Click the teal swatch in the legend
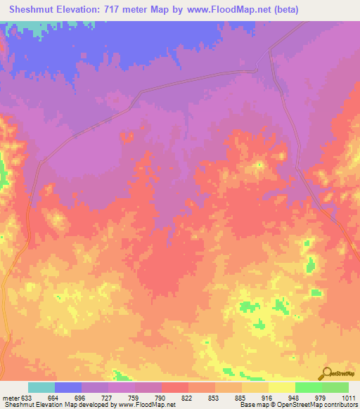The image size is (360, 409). (x=41, y=387)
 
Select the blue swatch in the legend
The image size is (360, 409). (x=68, y=387)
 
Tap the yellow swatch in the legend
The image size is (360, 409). (x=282, y=387)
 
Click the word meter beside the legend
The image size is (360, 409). (x=11, y=398)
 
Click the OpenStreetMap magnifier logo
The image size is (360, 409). (x=326, y=374)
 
